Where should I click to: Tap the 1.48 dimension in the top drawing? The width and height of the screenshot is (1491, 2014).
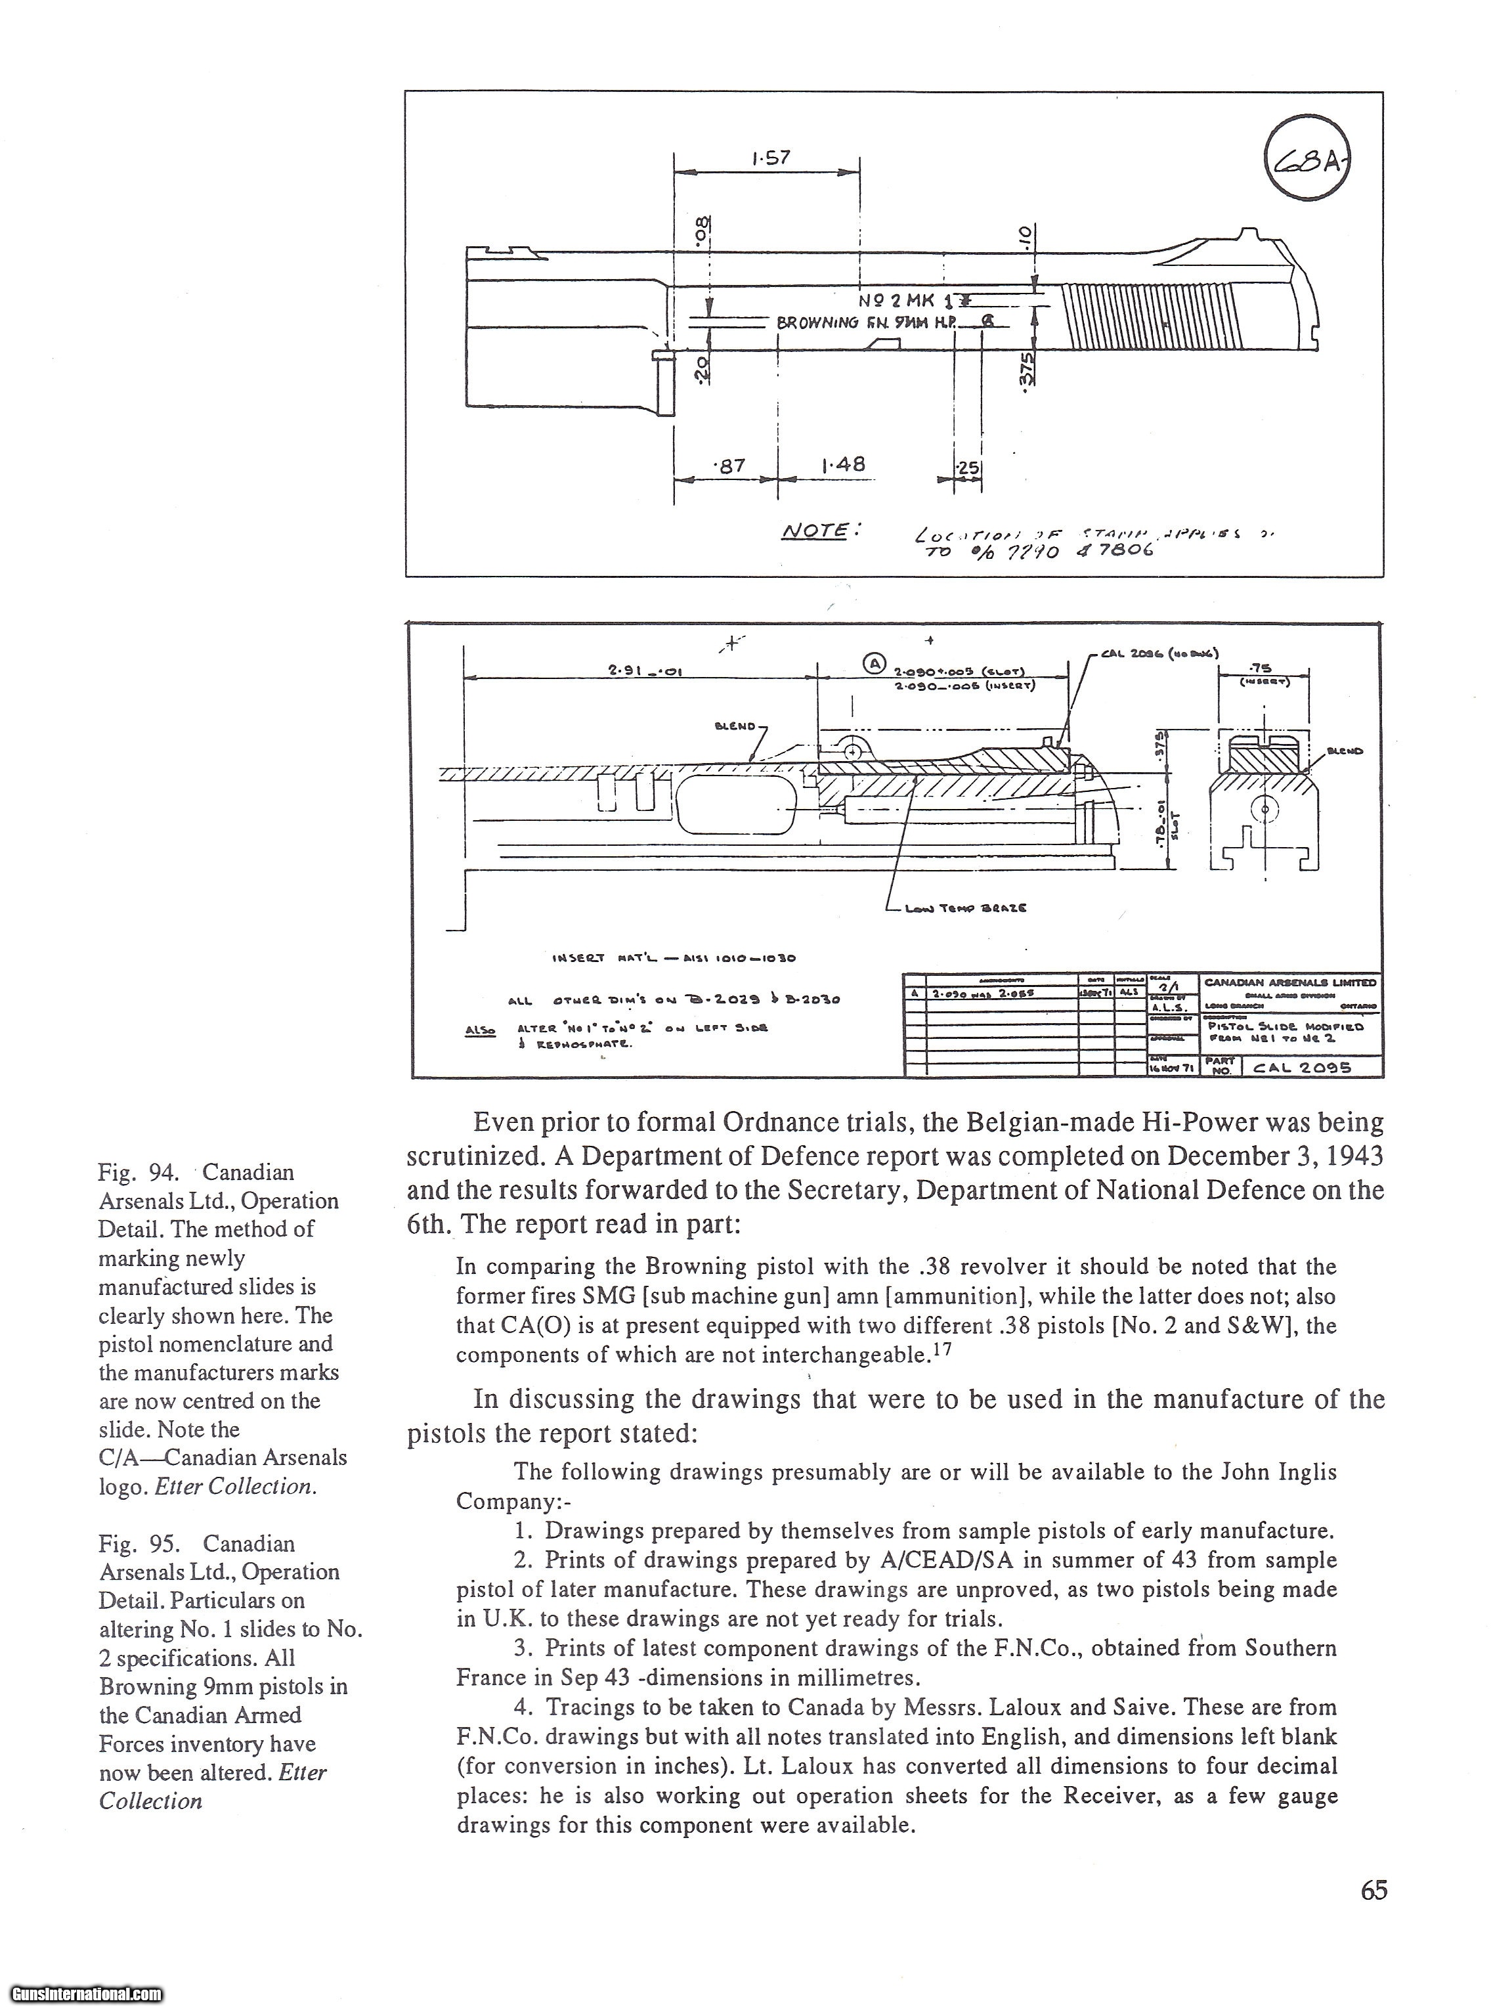[843, 464]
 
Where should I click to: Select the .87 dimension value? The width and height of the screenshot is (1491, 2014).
[728, 466]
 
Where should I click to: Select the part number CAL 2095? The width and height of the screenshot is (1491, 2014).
[1301, 1067]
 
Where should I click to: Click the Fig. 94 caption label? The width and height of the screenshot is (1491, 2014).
[135, 1173]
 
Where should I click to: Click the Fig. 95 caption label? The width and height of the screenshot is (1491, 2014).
[135, 1544]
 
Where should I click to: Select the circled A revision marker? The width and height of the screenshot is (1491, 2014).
[874, 663]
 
